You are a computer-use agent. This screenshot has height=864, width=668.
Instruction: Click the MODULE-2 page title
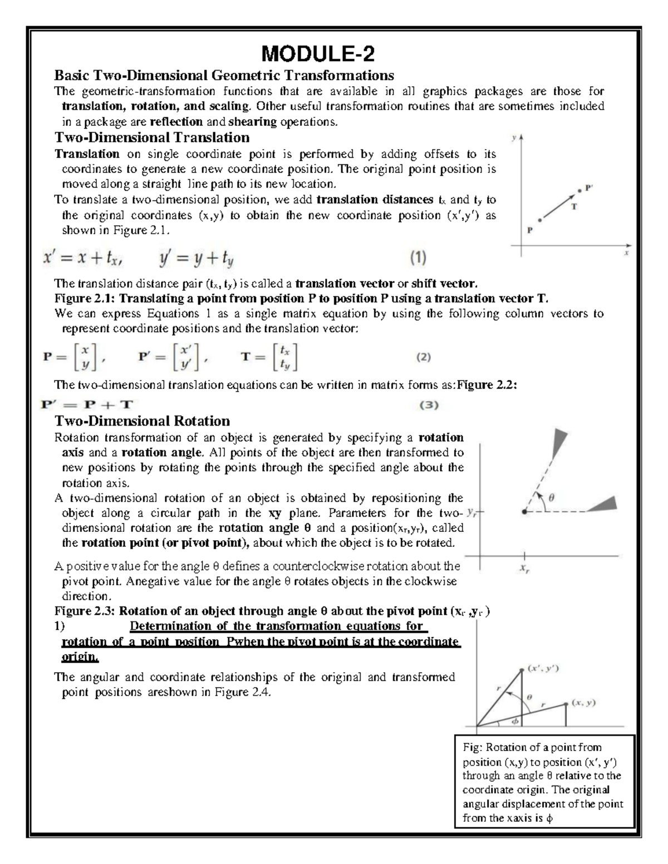coord(318,55)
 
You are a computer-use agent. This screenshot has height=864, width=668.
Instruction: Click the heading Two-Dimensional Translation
coord(151,137)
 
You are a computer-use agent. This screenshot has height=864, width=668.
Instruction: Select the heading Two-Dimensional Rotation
coord(141,421)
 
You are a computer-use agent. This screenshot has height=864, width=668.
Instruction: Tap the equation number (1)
coord(418,257)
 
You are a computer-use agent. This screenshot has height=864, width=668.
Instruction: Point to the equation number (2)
coord(424,358)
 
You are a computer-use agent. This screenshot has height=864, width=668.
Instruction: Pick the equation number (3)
coord(429,405)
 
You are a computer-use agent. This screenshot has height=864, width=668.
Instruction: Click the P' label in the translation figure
coord(590,188)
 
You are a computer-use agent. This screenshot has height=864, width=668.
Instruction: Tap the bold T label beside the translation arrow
coord(574,206)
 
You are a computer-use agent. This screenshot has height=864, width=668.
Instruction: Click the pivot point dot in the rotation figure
coord(524,511)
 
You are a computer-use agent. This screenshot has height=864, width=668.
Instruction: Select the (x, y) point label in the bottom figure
coord(584,703)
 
